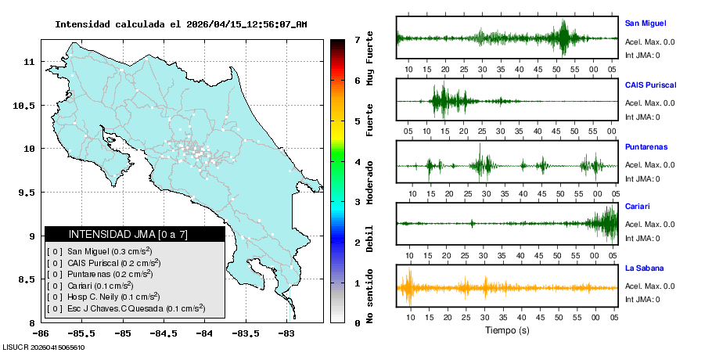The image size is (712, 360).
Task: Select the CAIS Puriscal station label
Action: tap(650, 85)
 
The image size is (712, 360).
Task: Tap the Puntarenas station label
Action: tap(645, 146)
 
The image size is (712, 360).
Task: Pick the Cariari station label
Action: tap(638, 207)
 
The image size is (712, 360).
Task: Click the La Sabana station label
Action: tap(643, 268)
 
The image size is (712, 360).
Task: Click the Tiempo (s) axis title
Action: tap(506, 330)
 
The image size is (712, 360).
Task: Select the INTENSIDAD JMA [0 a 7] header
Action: tap(135, 234)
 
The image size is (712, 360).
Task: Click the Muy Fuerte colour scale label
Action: tap(370, 57)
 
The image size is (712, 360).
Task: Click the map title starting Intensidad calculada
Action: tap(181, 24)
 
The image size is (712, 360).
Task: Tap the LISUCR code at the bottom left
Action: tap(44, 347)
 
